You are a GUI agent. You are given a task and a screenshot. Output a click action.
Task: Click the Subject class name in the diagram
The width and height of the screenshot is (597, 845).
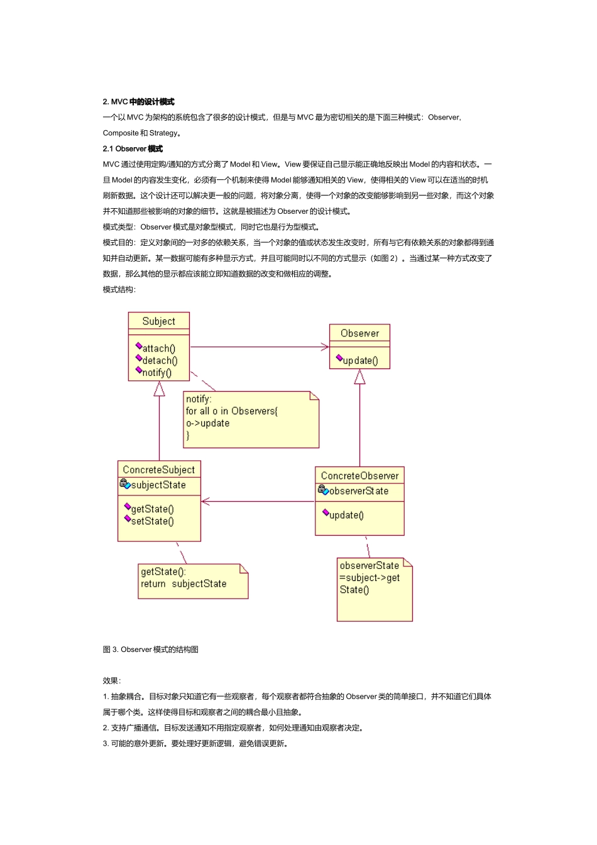[x=158, y=321]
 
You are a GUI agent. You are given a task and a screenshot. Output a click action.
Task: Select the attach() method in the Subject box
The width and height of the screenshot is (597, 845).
[x=158, y=348]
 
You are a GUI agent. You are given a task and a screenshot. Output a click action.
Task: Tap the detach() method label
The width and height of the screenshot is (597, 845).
[x=160, y=360]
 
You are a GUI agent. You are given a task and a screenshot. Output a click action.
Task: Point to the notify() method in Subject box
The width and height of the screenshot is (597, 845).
[x=156, y=372]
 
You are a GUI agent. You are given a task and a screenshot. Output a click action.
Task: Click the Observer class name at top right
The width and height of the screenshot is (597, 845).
[x=359, y=333]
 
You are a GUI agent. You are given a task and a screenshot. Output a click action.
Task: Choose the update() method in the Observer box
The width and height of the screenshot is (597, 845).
[x=360, y=360]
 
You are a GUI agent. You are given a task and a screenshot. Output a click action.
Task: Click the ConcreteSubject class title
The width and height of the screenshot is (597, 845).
[x=158, y=470]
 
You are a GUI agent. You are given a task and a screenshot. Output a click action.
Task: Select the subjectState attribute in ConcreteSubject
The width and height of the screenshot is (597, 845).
[x=158, y=485]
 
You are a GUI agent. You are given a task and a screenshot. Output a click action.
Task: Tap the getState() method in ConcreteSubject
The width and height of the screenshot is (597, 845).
[x=152, y=509]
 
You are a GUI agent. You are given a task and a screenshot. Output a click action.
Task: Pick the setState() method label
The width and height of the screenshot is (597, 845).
[x=152, y=521]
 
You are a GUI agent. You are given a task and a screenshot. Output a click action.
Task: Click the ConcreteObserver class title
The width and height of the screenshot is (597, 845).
[x=359, y=476]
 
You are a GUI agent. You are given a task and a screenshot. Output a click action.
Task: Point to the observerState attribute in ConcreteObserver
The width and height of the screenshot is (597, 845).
[x=358, y=491]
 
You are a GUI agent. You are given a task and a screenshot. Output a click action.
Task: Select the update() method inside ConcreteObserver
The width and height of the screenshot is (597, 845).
[x=346, y=515]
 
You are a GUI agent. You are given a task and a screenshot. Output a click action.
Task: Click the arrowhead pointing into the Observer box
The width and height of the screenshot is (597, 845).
[x=325, y=346]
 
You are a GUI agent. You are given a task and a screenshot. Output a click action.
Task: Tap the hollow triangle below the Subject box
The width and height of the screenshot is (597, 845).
[x=159, y=389]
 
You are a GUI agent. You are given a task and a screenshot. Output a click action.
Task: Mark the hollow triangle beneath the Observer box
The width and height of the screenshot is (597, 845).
[x=359, y=377]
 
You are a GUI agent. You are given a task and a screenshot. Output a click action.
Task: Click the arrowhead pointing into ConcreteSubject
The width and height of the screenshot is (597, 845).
[x=205, y=502]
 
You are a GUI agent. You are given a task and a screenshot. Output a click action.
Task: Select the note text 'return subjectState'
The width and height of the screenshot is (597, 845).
[x=183, y=583]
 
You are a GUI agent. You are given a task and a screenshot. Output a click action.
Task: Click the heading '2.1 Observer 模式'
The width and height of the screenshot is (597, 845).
[x=133, y=149]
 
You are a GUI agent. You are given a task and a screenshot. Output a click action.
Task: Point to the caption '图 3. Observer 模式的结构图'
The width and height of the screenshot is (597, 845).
[x=151, y=649]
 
